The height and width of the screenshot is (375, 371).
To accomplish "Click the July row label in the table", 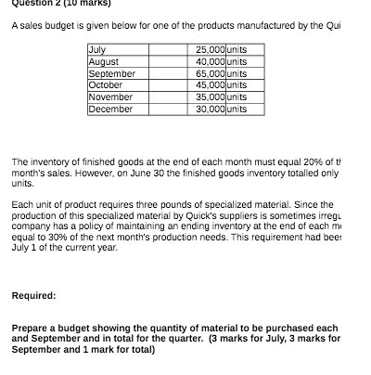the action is pyautogui.click(x=96, y=49).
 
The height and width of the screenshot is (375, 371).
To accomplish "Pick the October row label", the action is pyautogui.click(x=104, y=84).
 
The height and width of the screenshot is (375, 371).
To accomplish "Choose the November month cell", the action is pyautogui.click(x=110, y=97).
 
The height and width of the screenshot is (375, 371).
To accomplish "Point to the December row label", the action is pyautogui.click(x=110, y=109).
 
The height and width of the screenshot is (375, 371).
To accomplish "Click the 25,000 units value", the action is pyautogui.click(x=212, y=49).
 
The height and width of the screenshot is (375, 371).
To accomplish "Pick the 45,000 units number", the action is pyautogui.click(x=212, y=84).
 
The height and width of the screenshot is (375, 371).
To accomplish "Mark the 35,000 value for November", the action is pyautogui.click(x=212, y=97).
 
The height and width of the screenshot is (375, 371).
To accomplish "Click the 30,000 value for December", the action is pyautogui.click(x=212, y=109).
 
